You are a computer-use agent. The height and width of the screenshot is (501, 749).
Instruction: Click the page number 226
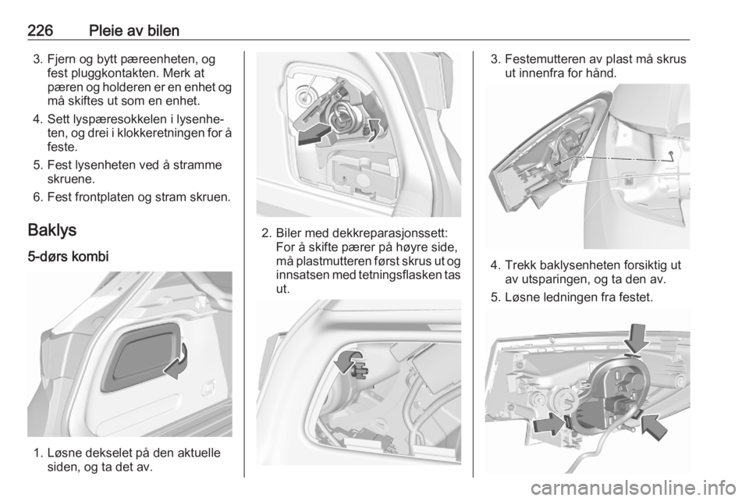(40, 30)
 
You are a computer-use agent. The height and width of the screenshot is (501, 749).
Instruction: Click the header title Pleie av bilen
(134, 30)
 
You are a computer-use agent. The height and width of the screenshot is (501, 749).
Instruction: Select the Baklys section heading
(52, 230)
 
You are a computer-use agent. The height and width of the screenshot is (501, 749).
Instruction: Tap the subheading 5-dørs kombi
(69, 257)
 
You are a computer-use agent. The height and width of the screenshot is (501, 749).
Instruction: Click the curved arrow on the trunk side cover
(177, 361)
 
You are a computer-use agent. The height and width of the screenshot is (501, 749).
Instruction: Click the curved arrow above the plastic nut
(348, 361)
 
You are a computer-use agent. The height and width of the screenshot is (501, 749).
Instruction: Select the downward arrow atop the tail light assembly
(637, 339)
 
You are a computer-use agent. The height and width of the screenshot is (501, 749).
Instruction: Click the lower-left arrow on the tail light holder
(550, 424)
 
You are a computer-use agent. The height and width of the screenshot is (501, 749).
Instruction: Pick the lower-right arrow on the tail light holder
(654, 427)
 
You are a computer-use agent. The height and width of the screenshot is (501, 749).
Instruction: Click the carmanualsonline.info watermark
(634, 488)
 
